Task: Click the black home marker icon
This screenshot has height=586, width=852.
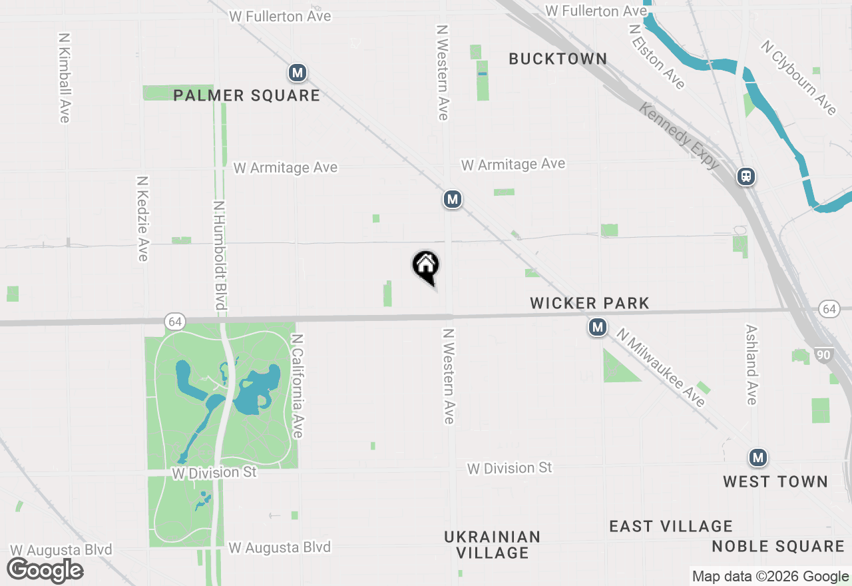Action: pos(426,266)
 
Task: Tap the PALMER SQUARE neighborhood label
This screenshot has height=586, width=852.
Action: pos(247,95)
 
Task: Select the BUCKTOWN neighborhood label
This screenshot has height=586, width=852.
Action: pos(558,59)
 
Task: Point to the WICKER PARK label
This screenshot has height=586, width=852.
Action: pos(590,304)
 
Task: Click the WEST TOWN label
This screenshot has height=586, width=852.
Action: pos(775,481)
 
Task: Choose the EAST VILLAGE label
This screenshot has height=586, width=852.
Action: pos(671,527)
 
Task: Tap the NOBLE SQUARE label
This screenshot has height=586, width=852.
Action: pos(778,547)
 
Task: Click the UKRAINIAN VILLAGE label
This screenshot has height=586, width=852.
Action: pos(493,545)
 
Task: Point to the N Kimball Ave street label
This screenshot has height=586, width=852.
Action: pos(65,78)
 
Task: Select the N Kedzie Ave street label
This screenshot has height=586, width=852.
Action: pos(142,218)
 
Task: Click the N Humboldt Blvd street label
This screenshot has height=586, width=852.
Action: pos(220,255)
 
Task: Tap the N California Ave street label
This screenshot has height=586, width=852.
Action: pos(298,386)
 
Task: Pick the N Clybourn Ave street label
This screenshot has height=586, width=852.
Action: pos(799,77)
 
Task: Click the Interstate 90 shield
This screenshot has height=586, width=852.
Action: pos(823,355)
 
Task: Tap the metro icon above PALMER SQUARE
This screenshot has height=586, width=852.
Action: pos(298,73)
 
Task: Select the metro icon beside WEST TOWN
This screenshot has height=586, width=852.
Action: pos(757,457)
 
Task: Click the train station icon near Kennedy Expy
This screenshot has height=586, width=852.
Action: pos(746,176)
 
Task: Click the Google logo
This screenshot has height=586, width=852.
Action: pos(45,571)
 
